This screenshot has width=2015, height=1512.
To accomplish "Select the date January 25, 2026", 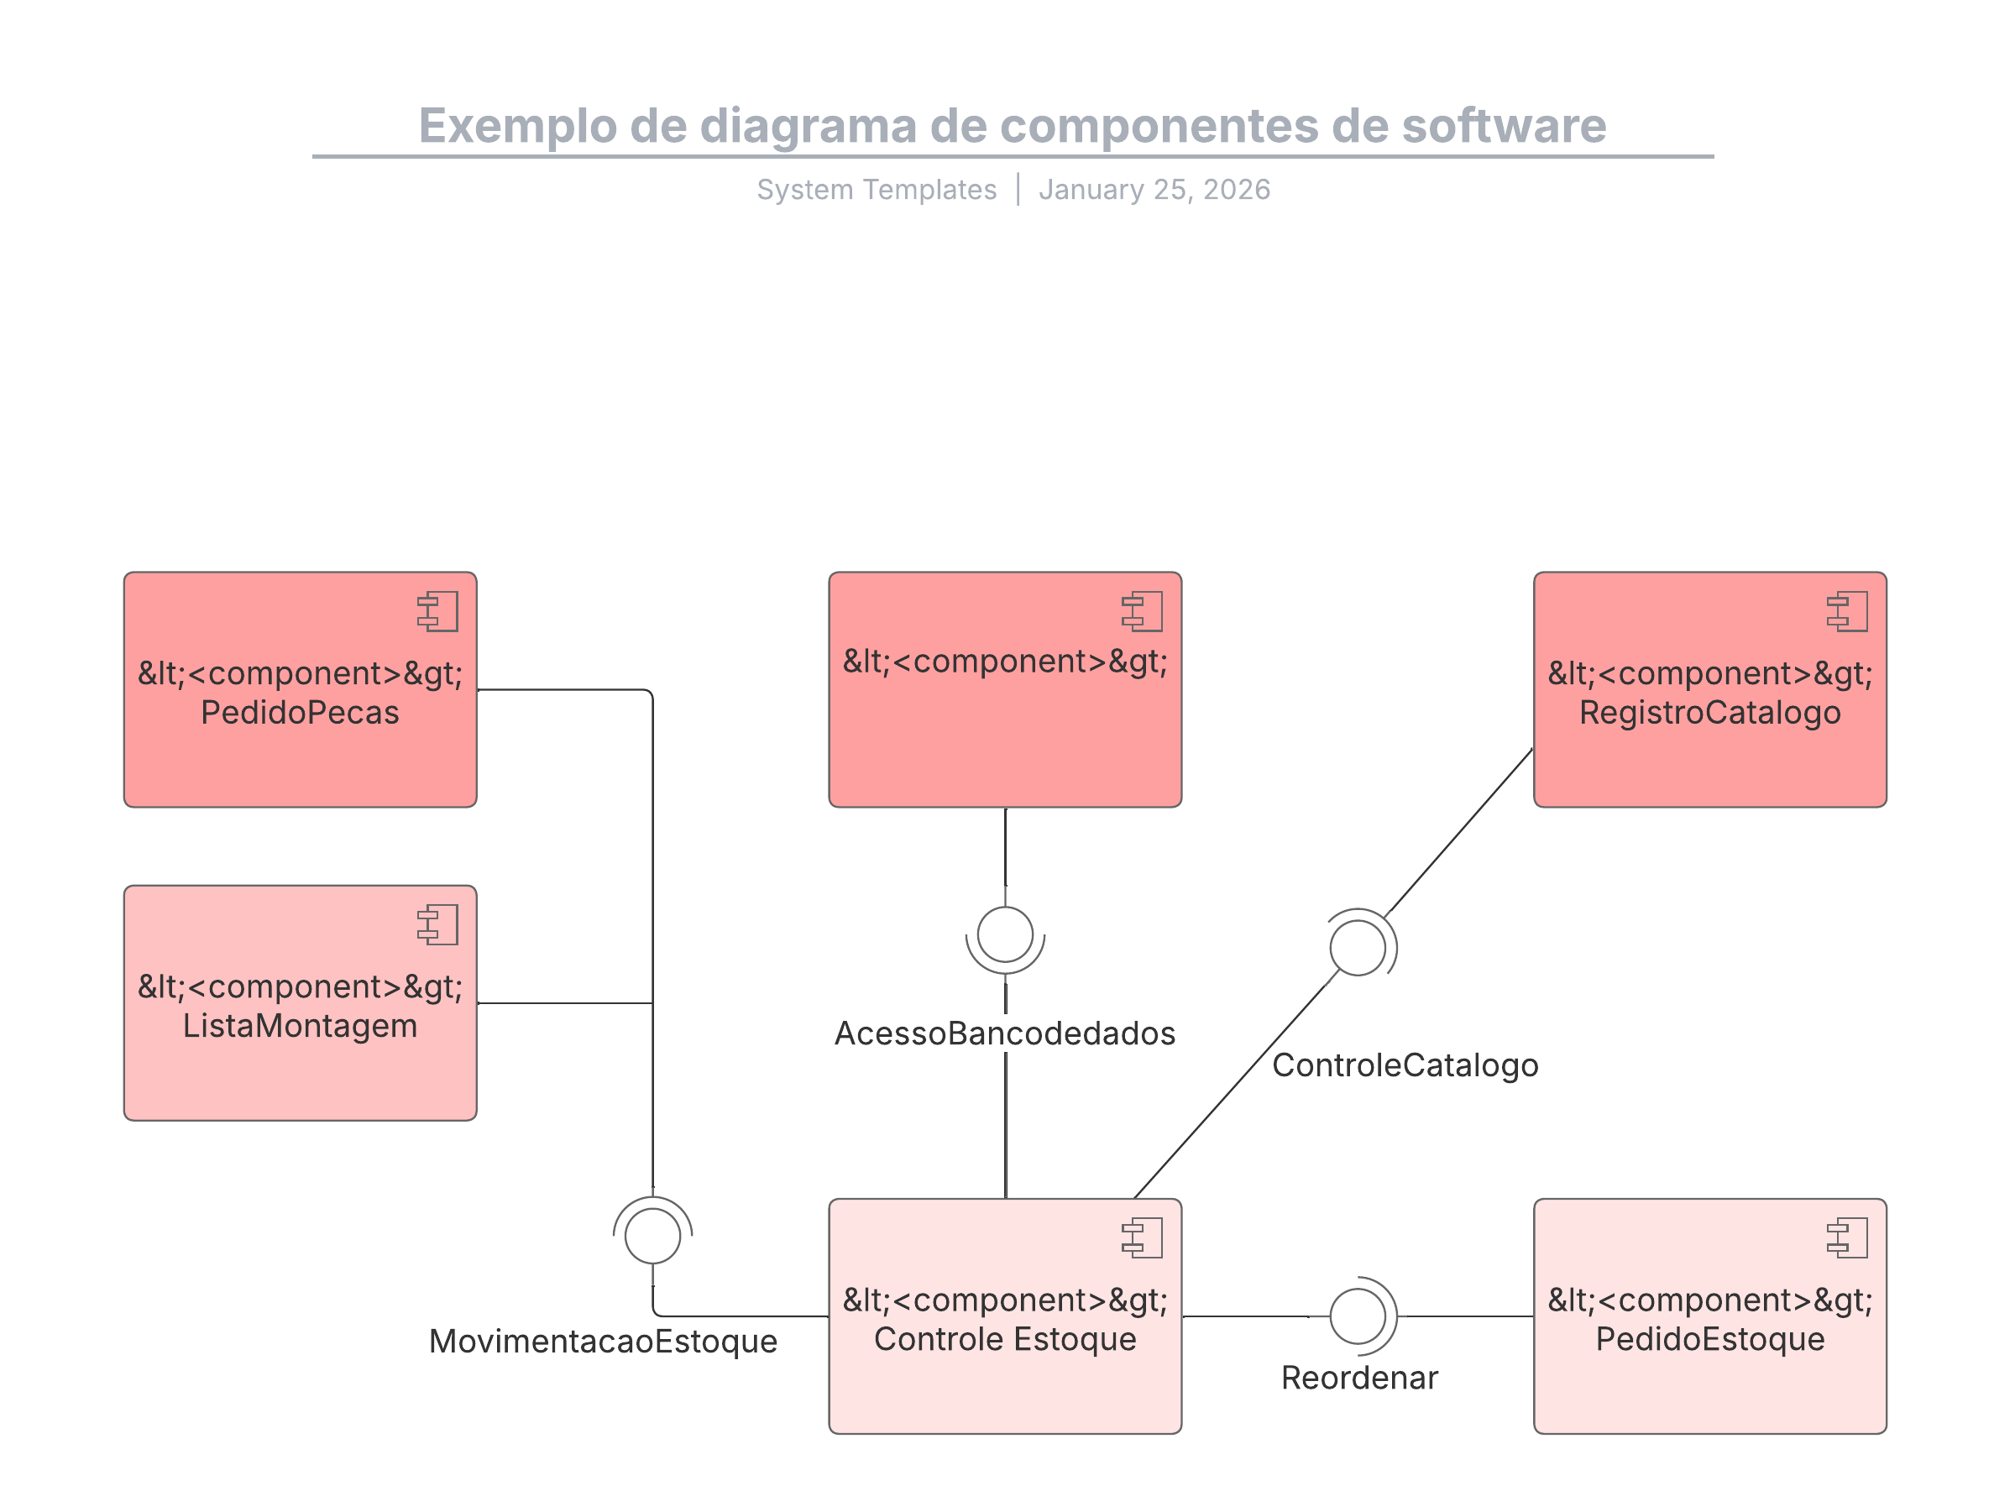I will point(1154,190).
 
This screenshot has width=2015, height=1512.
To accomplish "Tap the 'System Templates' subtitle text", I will point(877,190).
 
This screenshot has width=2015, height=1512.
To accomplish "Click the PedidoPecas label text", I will point(300,712).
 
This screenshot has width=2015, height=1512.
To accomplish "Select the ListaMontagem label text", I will point(300,1026).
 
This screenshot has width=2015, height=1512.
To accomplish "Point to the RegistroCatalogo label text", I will point(1710,712).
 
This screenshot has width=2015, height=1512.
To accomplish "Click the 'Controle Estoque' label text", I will point(1005,1339).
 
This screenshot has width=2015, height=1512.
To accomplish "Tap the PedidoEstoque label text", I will point(1710,1339).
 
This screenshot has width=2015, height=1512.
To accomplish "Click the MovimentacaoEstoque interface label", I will point(603,1341).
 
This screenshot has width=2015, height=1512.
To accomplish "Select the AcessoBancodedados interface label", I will point(1005,1033).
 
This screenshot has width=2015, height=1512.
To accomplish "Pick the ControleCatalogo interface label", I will point(1405,1065).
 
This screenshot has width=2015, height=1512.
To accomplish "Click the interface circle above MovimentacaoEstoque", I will point(652,1236).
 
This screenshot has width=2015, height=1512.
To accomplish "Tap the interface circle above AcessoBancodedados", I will point(1005,934).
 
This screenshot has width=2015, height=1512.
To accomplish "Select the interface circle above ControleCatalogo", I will point(1358,947).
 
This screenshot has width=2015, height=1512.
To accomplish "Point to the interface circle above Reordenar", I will point(1358,1316).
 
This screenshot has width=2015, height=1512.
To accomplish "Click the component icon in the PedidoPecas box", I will point(438,611).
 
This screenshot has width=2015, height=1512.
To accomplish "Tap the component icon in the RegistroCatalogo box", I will point(1847,611).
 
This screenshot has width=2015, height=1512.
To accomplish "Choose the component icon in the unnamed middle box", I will point(1143,611).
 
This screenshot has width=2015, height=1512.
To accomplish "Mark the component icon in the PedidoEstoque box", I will point(1847,1237).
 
